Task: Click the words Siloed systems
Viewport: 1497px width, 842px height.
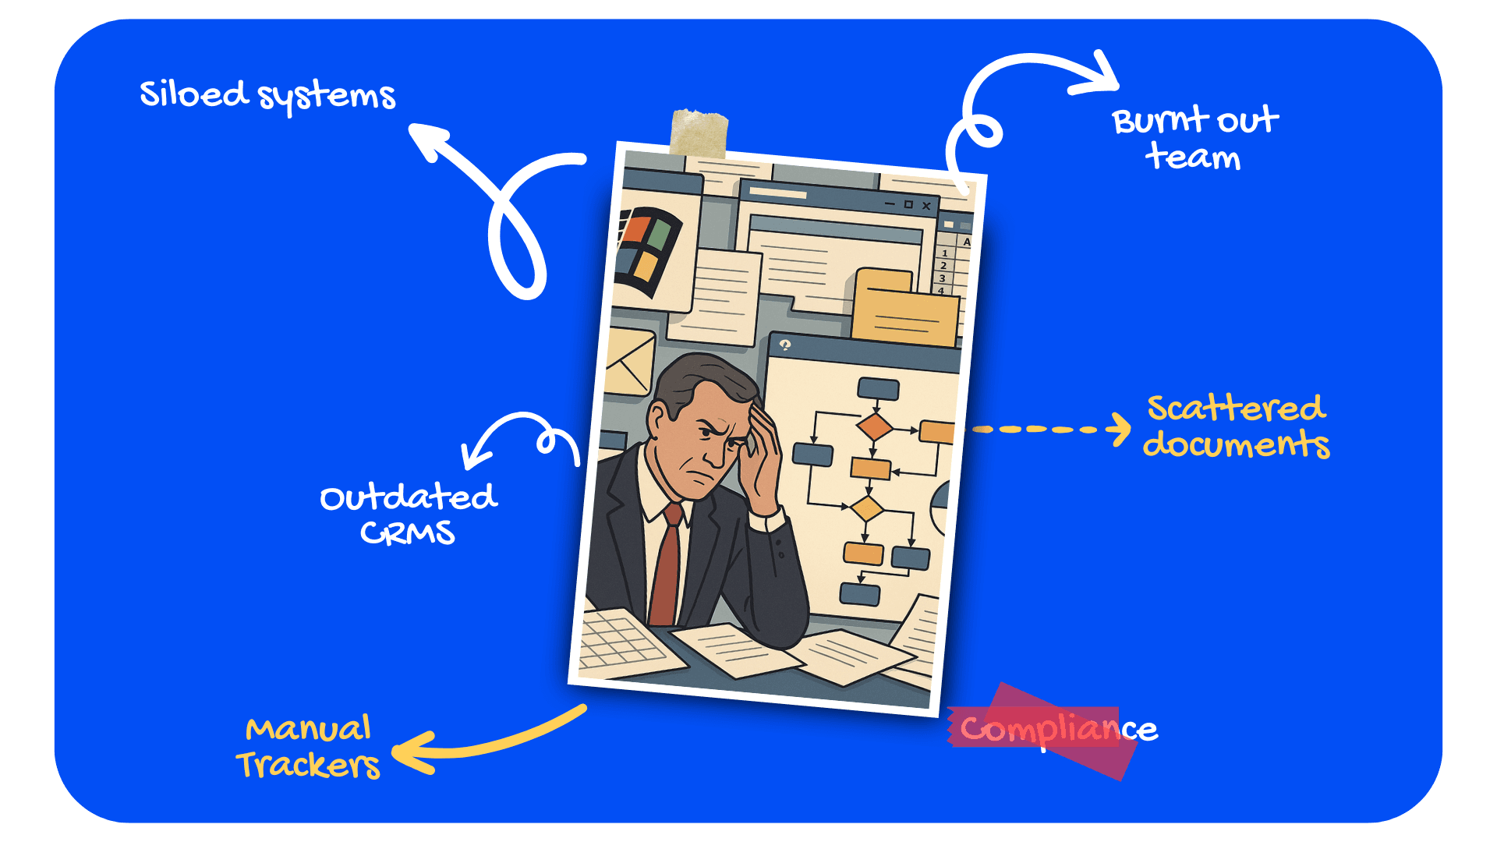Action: point(267,95)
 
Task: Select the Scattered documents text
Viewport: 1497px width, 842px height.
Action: point(1236,426)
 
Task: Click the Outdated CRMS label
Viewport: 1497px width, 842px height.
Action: point(408,515)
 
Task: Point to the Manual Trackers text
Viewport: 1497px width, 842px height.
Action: point(309,747)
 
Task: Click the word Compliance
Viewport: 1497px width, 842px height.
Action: point(1057,730)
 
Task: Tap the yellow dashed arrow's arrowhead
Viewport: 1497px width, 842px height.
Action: point(1121,429)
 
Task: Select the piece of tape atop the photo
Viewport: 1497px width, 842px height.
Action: point(699,133)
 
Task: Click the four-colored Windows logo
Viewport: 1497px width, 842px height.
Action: point(648,248)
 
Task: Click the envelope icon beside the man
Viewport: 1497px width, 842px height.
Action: point(628,361)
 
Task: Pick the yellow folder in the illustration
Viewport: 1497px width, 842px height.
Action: point(904,308)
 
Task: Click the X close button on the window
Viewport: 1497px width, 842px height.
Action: point(926,206)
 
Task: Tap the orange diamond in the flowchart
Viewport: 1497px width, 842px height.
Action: point(874,426)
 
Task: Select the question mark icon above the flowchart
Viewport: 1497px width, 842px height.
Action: point(785,345)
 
